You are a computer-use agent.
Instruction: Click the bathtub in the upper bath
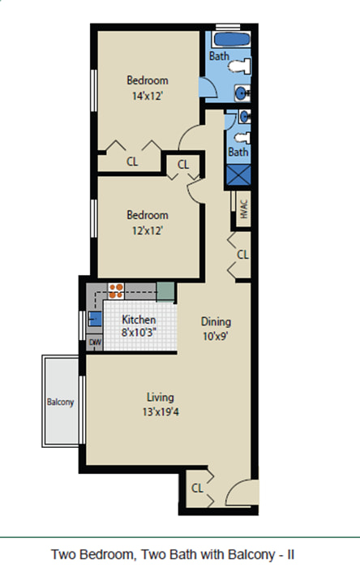(231, 40)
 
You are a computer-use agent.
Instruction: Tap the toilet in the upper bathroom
(240, 67)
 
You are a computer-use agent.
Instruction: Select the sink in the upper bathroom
(242, 93)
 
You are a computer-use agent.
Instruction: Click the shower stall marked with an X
(238, 175)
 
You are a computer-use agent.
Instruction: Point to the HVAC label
(244, 209)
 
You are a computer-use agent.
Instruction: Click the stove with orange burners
(116, 291)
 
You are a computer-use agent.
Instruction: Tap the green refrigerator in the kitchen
(165, 291)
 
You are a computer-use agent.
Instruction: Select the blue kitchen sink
(95, 319)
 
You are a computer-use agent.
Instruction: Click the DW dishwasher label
(95, 342)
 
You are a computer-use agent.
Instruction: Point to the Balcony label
(61, 402)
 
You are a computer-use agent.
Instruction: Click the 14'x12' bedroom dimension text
(148, 96)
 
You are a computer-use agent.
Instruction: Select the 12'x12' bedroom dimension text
(148, 230)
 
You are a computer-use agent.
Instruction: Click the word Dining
(216, 321)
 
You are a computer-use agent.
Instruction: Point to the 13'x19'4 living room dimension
(161, 412)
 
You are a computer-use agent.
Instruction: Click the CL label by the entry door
(197, 488)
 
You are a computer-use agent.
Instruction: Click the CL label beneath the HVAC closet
(242, 255)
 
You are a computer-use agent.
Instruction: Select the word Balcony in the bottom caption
(250, 555)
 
